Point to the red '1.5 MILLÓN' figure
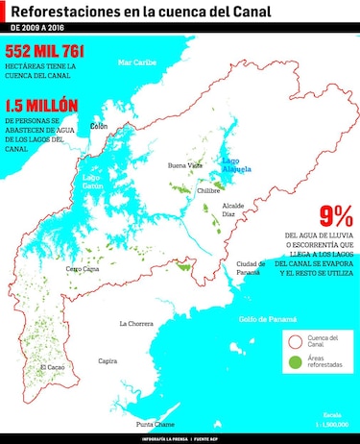tap(42, 105)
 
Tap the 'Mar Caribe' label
tap(136, 62)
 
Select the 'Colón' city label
tap(98, 126)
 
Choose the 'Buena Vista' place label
tap(185, 165)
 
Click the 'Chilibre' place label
tap(208, 190)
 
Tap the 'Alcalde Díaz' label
tap(234, 210)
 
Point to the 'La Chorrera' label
tap(135, 324)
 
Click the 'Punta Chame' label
tap(155, 424)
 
